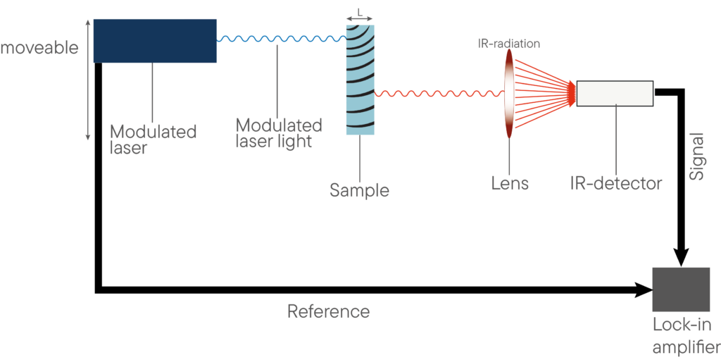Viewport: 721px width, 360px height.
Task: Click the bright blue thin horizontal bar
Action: [282, 37]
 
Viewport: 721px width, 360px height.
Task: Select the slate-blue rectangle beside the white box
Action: [170, 92]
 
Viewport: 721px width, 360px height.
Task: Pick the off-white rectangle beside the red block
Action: [614, 93]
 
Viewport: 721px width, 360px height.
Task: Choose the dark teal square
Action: [595, 156]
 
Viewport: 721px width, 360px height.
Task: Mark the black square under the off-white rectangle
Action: [595, 121]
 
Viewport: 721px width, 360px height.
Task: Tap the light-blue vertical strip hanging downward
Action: [353, 159]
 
